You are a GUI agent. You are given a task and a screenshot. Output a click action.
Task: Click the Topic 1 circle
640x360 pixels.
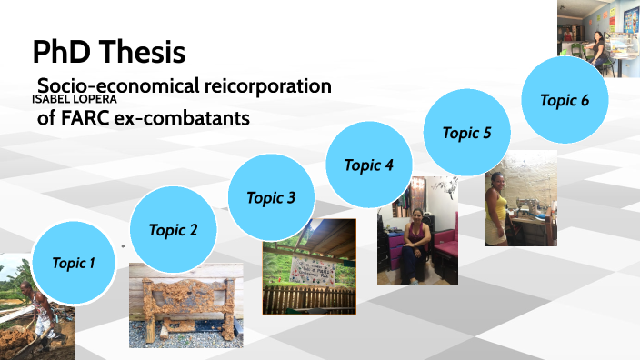tap(74, 263)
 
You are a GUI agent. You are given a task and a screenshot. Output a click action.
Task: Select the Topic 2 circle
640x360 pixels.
tap(173, 230)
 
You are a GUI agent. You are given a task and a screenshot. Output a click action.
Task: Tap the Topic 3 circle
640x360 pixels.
tap(270, 197)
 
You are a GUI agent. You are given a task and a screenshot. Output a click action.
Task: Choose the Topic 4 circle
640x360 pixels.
tap(368, 165)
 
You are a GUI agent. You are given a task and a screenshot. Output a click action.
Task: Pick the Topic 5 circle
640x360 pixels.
tap(466, 133)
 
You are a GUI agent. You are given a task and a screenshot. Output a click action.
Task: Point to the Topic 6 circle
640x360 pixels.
tap(565, 100)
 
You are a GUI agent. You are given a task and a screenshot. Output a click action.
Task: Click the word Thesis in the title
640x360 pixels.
tap(147, 52)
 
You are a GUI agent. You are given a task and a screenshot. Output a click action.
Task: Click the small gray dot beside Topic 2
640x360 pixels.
tap(123, 245)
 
